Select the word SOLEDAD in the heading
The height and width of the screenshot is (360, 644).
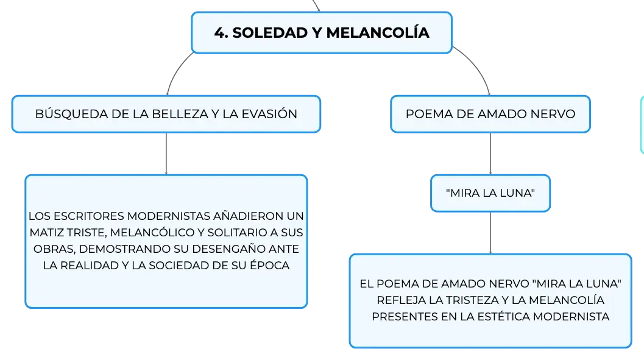tap(270, 33)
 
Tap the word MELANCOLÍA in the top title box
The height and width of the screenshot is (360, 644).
tap(378, 32)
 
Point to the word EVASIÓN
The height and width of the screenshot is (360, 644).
tap(269, 113)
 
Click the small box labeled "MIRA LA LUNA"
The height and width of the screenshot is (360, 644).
tap(490, 193)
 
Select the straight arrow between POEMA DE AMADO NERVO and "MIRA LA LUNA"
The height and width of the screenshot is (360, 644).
tap(490, 154)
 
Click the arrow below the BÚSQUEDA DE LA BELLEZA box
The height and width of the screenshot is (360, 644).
tap(166, 154)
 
